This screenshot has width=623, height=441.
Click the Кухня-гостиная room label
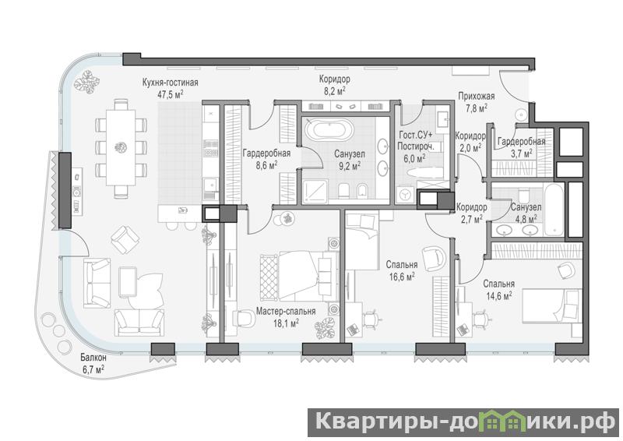pos(170,83)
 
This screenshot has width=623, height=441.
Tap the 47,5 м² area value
pos(171,93)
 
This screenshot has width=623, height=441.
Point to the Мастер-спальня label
pos(286,312)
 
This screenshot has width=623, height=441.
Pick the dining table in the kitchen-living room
pos(121,147)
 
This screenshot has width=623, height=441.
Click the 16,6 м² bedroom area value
pos(402,277)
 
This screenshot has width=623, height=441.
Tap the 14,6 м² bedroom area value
pos(498,296)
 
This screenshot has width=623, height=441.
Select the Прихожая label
pos(477,97)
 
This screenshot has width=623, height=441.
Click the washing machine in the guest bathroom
pos(406,195)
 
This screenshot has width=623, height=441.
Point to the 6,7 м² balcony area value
pos(93,369)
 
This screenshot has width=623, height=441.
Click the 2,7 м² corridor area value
pos(472,218)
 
